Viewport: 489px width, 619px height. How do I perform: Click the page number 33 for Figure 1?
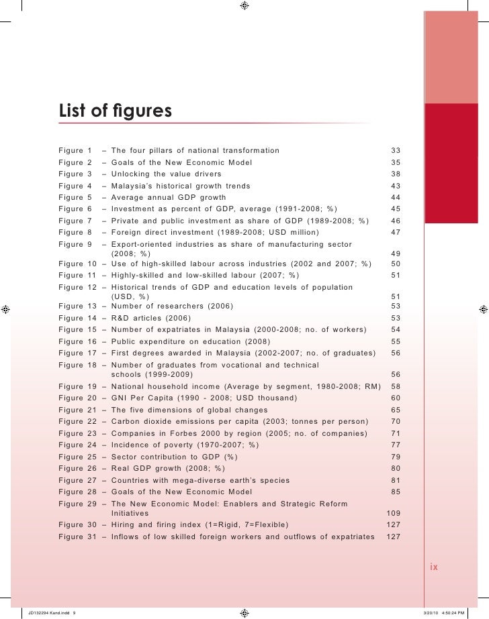coord(395,150)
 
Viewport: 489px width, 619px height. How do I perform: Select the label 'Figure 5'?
coord(75,198)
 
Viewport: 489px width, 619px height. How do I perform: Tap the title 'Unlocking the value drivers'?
coord(166,174)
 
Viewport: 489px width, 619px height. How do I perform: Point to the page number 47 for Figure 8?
coord(395,233)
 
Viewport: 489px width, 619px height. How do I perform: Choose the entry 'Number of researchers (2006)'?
coord(177,306)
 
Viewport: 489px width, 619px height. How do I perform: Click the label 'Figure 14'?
coord(77,318)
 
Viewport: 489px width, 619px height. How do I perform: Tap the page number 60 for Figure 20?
coord(395,398)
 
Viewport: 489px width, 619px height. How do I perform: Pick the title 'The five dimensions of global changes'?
coord(193,410)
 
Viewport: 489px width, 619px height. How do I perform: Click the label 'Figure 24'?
coord(77,444)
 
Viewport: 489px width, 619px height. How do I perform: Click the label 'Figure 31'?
coord(77,537)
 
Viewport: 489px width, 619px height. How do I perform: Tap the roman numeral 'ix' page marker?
coord(434,567)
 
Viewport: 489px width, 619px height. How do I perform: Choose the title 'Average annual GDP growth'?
coord(169,198)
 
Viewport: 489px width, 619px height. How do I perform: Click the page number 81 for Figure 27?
coord(395,480)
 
